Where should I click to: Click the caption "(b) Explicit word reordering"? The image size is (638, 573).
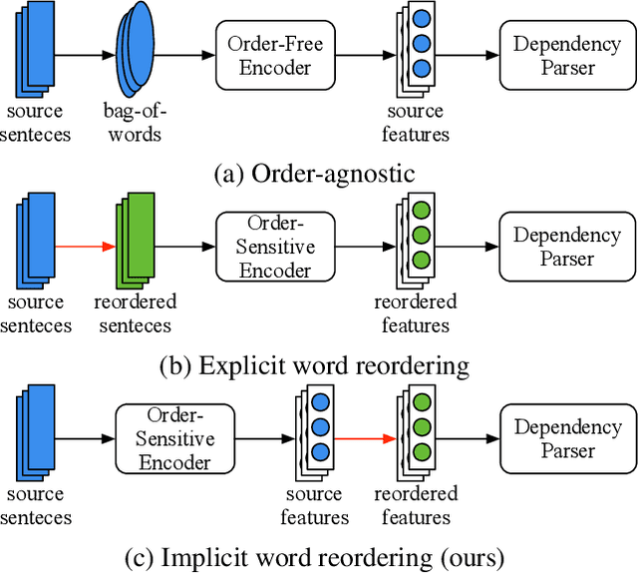click(313, 365)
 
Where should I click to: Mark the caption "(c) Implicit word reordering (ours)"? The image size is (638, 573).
click(313, 555)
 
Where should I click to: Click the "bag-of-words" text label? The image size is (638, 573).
click(134, 123)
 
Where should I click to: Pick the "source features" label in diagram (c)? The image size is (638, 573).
click(315, 505)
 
